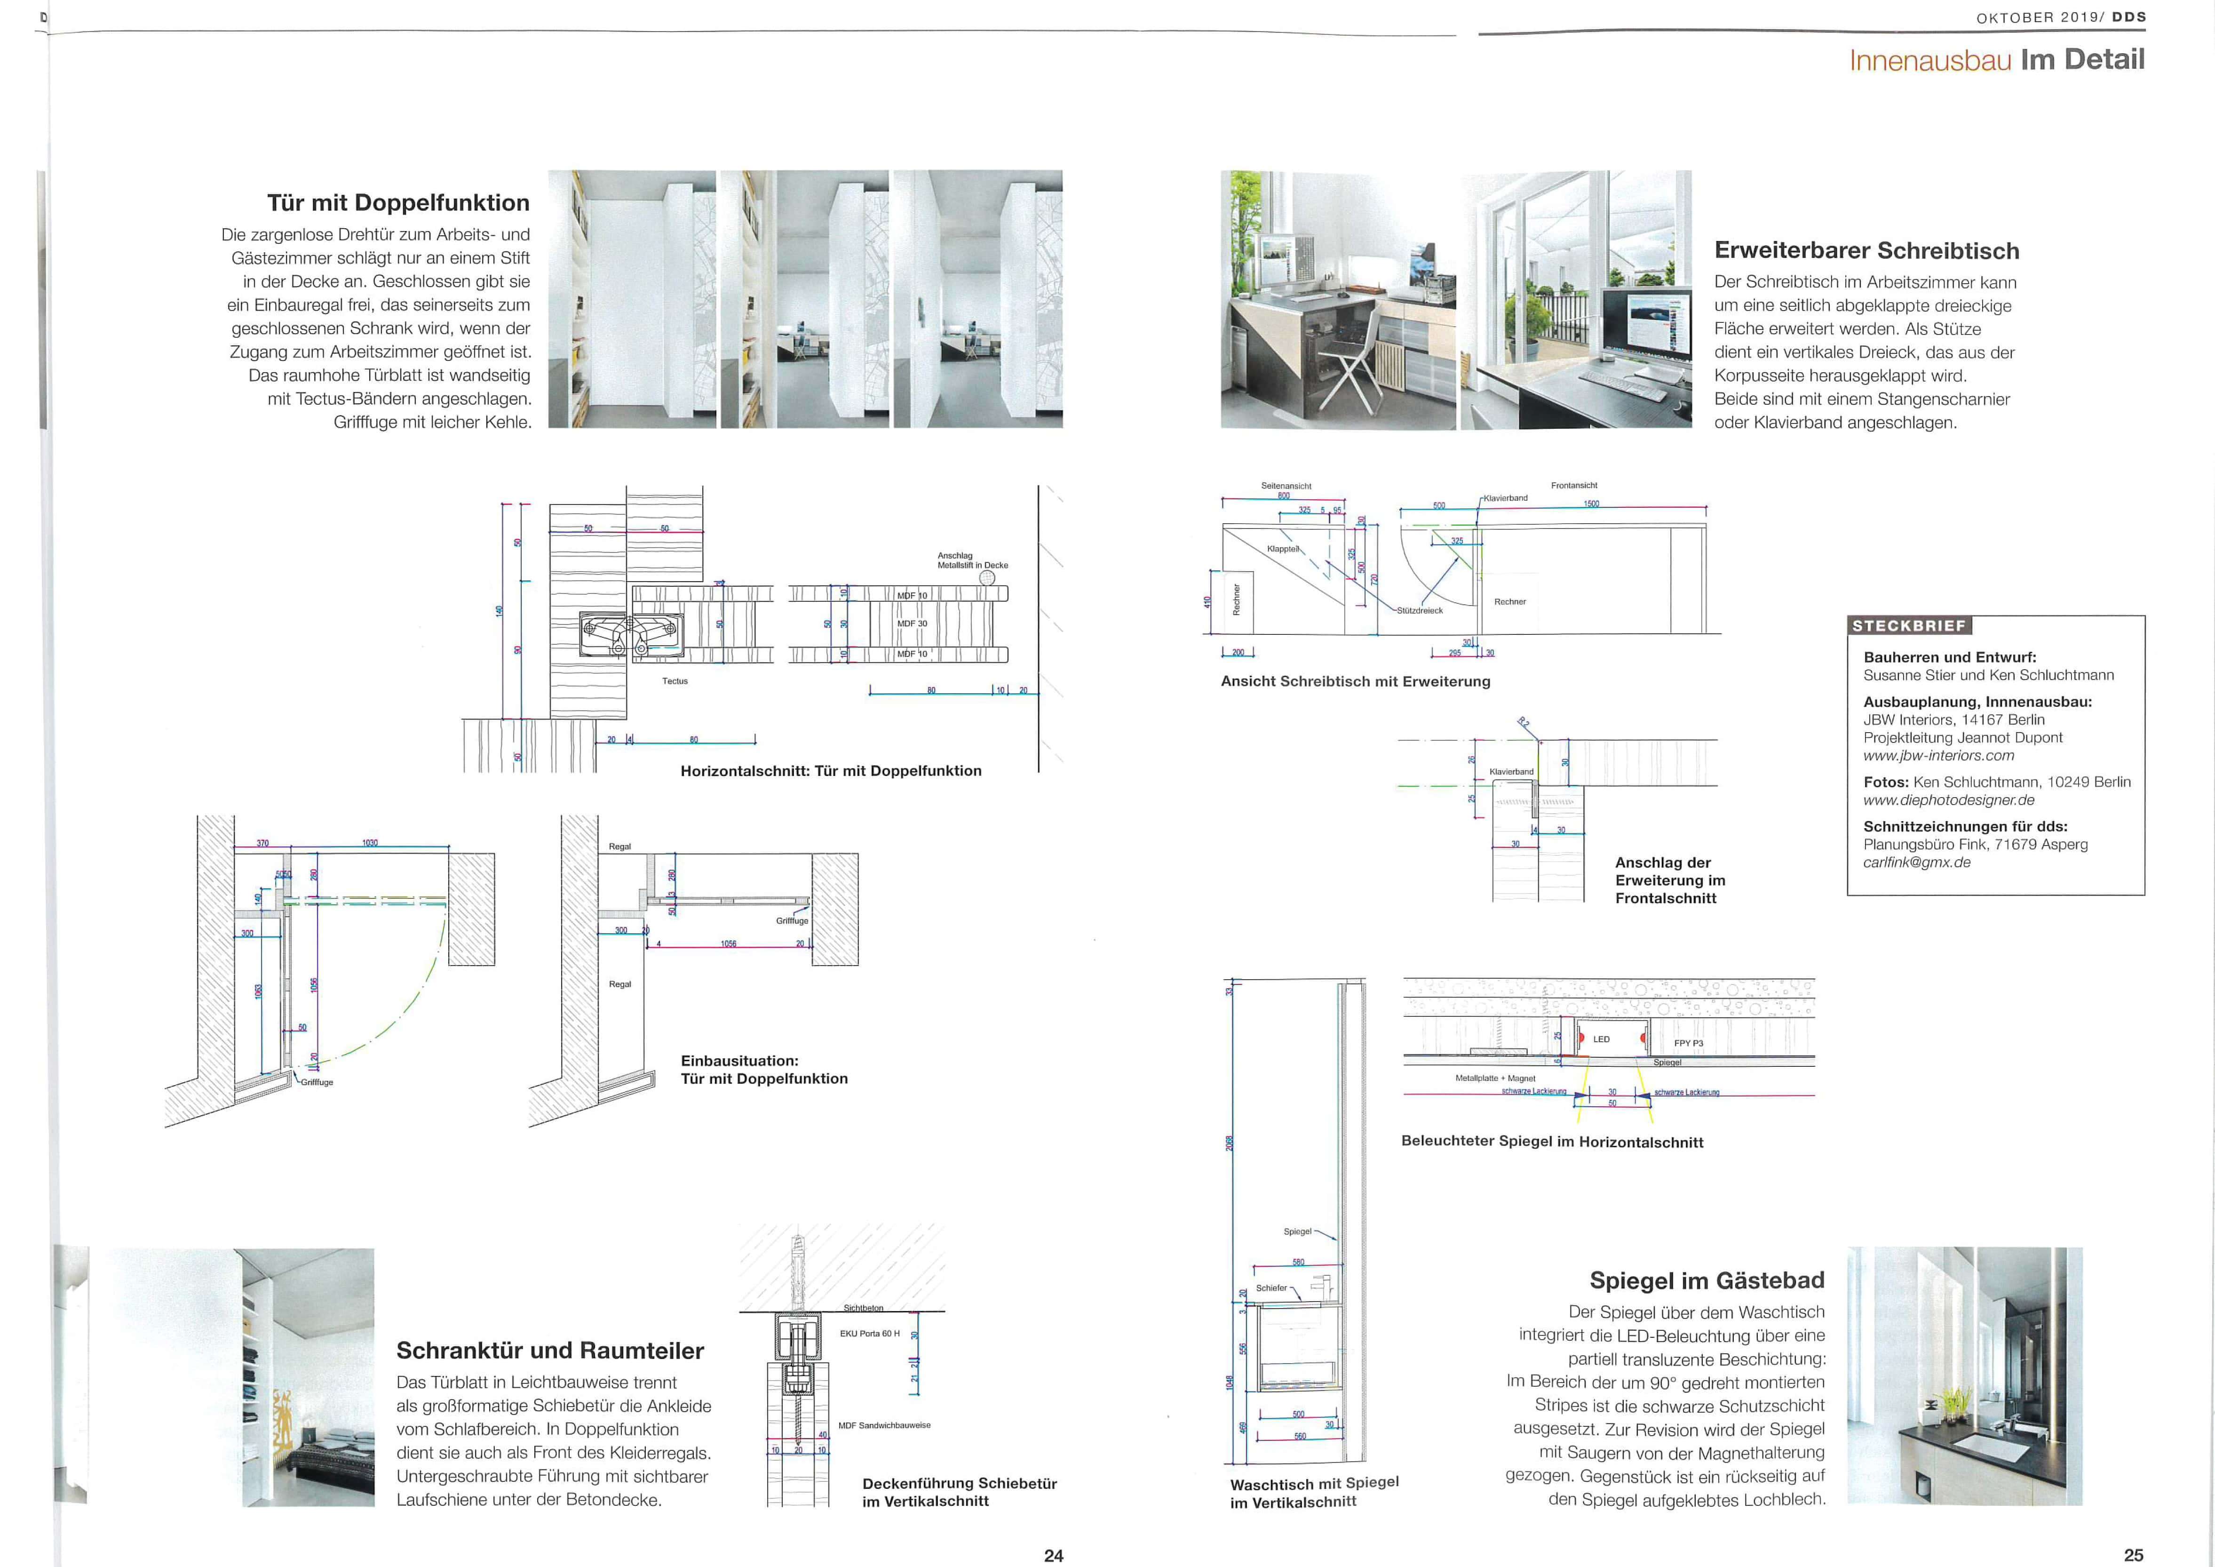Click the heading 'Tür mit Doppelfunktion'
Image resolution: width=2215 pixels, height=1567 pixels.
click(398, 203)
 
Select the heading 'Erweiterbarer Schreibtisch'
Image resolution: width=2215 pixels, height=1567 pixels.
click(1867, 251)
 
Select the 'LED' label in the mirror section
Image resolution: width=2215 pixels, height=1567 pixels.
click(1602, 1039)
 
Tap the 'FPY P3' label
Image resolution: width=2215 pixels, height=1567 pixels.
click(1688, 1043)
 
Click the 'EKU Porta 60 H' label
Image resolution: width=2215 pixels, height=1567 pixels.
click(869, 1334)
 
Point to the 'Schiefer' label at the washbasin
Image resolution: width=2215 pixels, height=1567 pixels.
click(1270, 1288)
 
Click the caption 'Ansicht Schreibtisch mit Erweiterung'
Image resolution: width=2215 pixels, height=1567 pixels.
click(1356, 681)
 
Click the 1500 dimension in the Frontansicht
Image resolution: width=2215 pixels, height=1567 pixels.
click(1591, 504)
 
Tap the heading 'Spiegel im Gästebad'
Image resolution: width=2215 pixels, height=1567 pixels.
click(1707, 1280)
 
